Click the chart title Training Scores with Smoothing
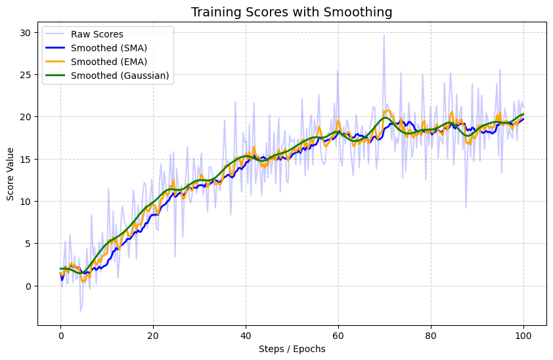click(292, 12)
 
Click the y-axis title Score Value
click(11, 173)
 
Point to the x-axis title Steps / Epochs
click(292, 349)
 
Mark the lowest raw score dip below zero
click(81, 311)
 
